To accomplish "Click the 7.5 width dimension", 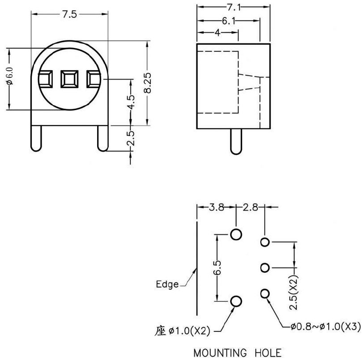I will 69,15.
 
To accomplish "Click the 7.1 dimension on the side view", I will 234,7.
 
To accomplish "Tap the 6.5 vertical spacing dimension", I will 217,267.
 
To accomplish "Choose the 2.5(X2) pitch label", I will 294,292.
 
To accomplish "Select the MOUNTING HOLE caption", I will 237,353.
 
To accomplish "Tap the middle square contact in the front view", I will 69,80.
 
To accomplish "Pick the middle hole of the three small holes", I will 265,267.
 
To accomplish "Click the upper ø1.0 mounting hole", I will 236,234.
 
